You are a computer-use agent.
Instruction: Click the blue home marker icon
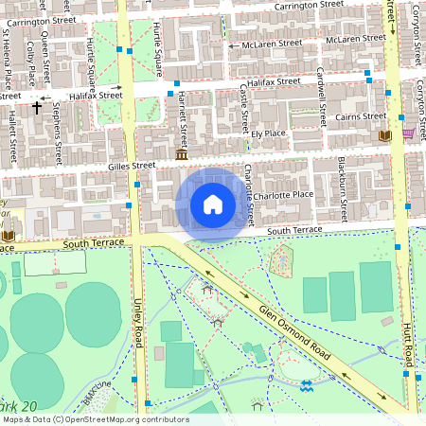[x=213, y=204]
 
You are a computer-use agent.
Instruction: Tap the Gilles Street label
[x=131, y=166]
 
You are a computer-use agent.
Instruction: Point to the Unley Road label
[x=138, y=323]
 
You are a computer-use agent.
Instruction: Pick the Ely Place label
[x=268, y=133]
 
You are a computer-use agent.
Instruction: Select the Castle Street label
[x=244, y=107]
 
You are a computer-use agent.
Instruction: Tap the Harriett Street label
[x=183, y=117]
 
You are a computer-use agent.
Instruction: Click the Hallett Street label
[x=13, y=137]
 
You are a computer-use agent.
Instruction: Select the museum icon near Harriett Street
[x=181, y=153]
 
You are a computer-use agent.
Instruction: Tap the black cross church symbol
[x=37, y=107]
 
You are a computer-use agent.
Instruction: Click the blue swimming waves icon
[x=306, y=386]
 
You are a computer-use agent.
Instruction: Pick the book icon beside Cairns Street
[x=383, y=136]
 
